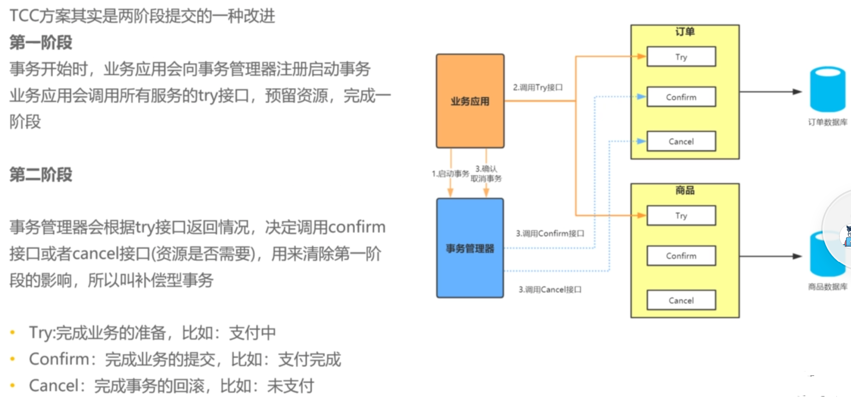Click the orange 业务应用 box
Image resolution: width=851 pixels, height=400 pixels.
tap(470, 101)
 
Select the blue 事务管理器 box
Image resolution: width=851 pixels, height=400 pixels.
tap(470, 248)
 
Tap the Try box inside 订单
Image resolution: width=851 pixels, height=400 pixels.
tap(681, 57)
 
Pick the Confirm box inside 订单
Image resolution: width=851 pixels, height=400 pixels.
tap(681, 97)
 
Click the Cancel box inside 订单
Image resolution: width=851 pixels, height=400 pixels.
tap(681, 142)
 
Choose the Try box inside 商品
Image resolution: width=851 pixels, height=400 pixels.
tap(681, 215)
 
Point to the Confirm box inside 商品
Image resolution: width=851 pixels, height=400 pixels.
tap(681, 256)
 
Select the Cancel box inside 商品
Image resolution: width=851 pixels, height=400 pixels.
tap(681, 300)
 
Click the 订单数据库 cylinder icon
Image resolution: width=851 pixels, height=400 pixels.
tap(827, 89)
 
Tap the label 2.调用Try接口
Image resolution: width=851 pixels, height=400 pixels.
tap(538, 87)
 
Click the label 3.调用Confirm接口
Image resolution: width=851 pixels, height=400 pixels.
tap(550, 233)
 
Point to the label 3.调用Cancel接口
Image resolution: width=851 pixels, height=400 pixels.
tap(550, 289)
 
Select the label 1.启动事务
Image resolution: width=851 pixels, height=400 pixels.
tap(450, 173)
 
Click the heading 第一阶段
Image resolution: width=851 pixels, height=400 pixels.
tap(41, 43)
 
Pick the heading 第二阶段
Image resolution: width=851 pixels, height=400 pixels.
tap(41, 174)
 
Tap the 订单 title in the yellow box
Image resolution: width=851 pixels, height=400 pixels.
tap(685, 32)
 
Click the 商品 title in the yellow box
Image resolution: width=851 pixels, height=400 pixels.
tap(685, 190)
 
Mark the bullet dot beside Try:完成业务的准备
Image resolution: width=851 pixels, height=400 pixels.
tap(13, 333)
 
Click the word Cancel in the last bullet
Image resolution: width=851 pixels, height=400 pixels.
tap(53, 386)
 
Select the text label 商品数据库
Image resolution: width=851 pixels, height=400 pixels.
tap(827, 286)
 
